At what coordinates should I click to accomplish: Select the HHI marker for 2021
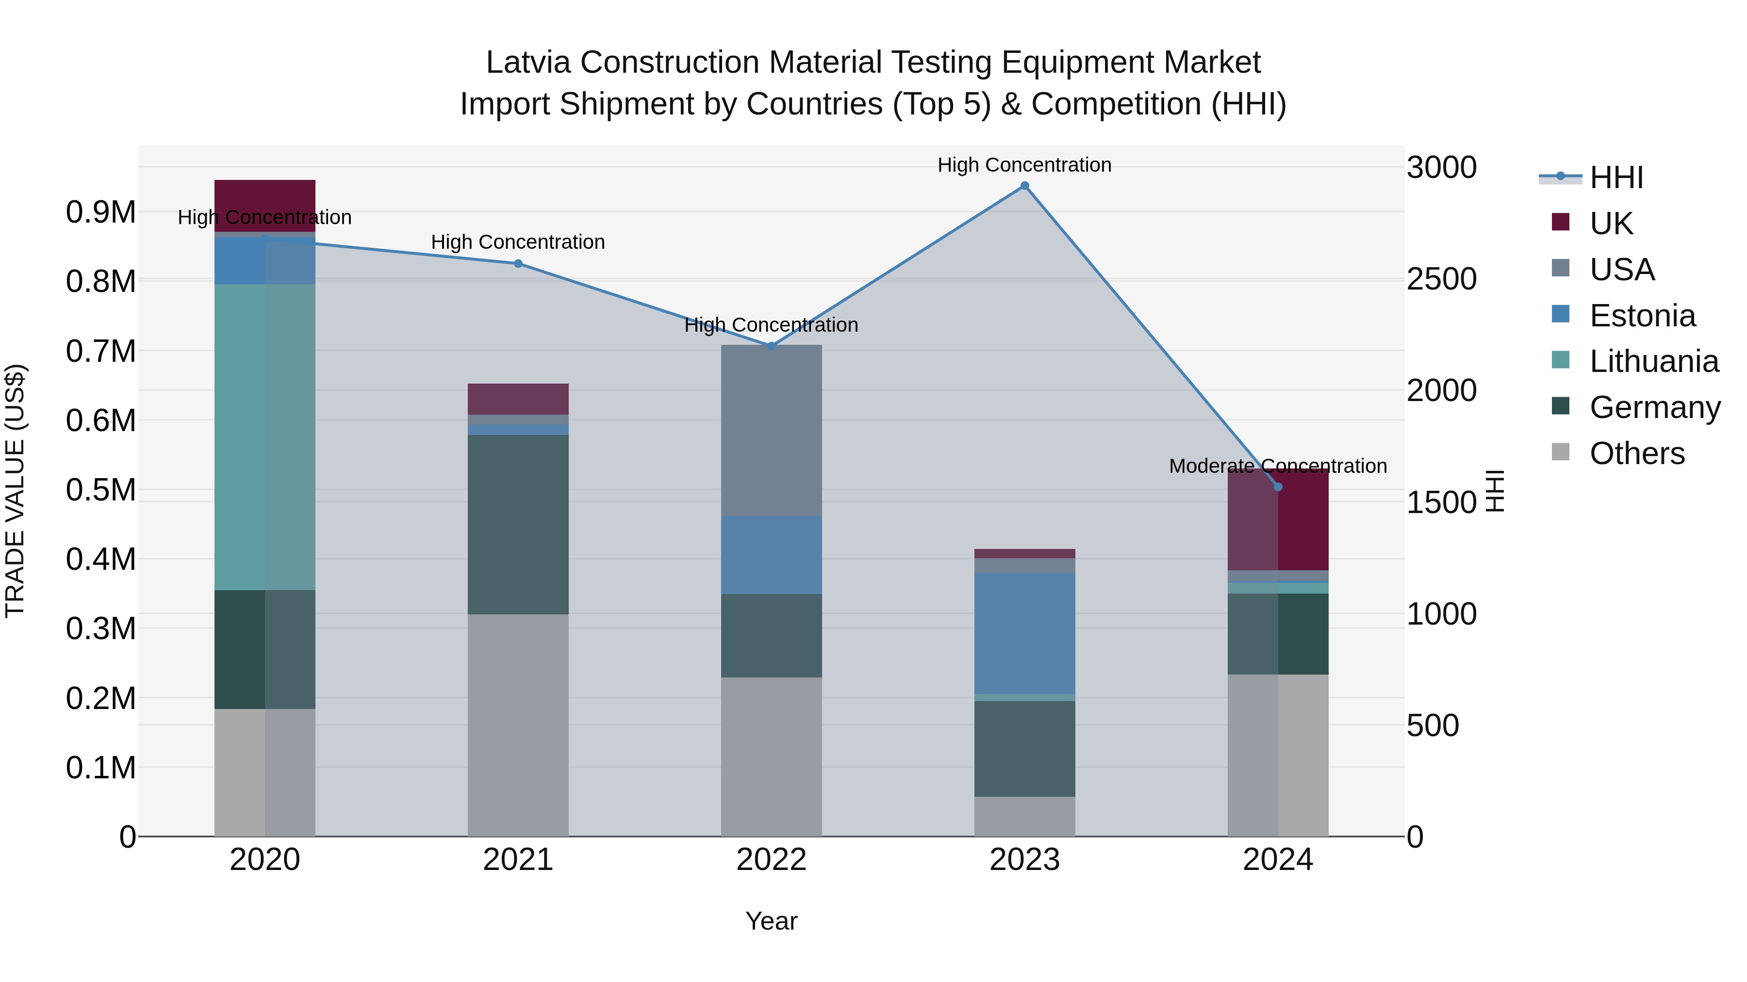point(518,264)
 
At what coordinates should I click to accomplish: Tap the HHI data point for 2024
point(1278,486)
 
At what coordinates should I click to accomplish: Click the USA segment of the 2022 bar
point(771,430)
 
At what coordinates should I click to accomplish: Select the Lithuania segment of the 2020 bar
point(264,437)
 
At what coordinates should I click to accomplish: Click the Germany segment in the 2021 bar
point(518,525)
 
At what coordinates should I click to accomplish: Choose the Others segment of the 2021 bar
point(518,725)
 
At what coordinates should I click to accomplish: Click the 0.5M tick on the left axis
point(100,490)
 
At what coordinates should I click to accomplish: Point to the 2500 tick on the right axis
point(1441,279)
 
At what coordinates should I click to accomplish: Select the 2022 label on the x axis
point(771,860)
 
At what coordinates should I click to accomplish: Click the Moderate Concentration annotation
point(1278,466)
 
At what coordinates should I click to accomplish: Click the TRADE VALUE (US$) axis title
point(15,491)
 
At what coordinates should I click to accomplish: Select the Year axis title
point(771,921)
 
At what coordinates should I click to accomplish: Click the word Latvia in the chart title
point(529,63)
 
